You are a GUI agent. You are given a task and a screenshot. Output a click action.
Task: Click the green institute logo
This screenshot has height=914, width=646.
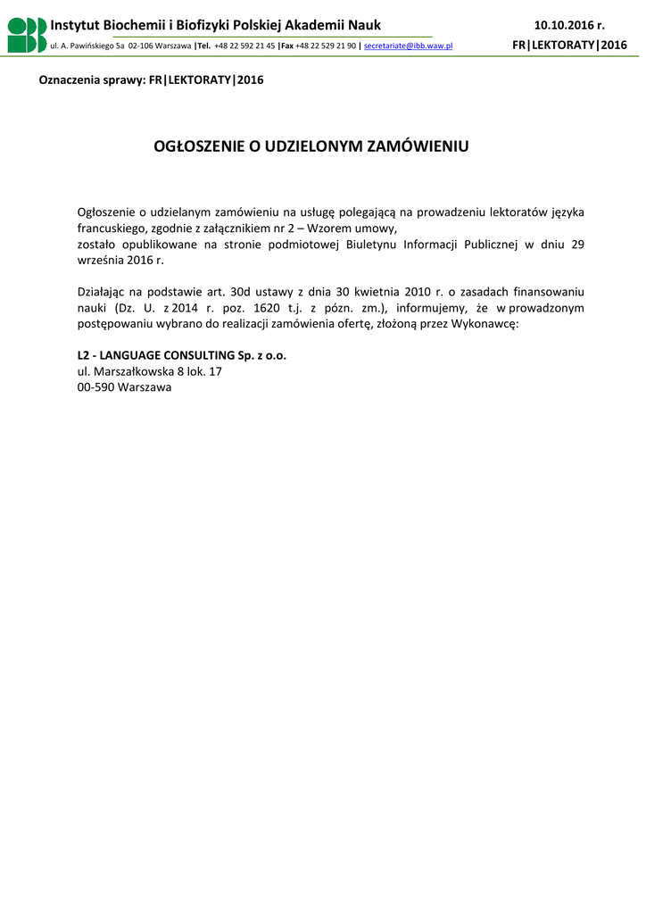coord(27,34)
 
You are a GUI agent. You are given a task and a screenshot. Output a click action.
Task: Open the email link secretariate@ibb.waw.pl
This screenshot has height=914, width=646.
coord(409,45)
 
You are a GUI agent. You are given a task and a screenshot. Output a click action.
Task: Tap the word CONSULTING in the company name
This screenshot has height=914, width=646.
coord(185,354)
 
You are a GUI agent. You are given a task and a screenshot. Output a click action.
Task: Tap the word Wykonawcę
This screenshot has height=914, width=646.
coord(488,324)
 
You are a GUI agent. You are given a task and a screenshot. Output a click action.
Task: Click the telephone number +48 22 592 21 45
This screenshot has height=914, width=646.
coord(244,45)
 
